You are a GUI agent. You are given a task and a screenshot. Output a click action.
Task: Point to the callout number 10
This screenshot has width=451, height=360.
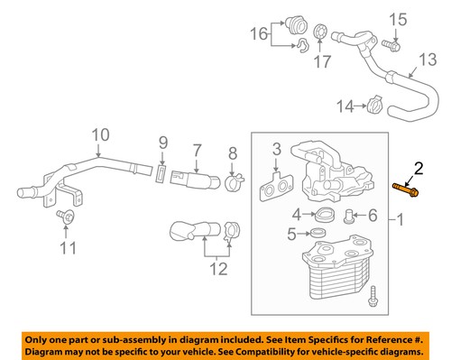[98, 136]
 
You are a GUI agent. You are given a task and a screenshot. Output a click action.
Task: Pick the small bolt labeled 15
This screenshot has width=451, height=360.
[392, 42]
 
